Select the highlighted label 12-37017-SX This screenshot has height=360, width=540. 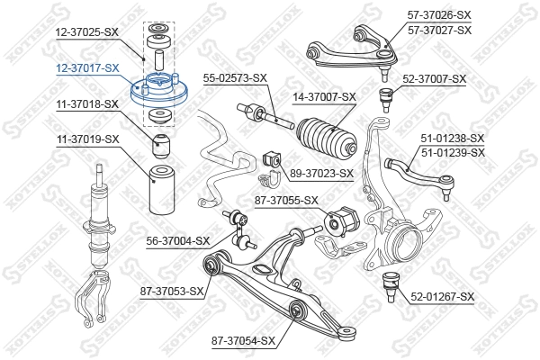[86, 67]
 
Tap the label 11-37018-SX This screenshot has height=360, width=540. [86, 104]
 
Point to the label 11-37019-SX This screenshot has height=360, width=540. [86, 139]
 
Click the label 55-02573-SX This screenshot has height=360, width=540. [234, 79]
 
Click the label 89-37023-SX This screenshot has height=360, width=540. [320, 173]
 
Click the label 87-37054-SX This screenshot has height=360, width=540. [242, 340]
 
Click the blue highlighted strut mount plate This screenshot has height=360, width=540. [158, 92]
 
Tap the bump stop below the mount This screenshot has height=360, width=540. [161, 143]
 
